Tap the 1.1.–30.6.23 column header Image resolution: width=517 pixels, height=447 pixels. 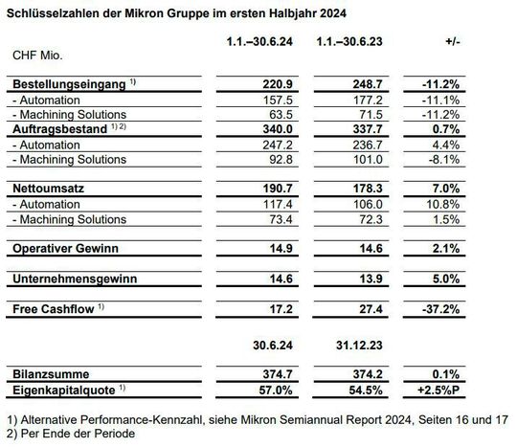click(351, 42)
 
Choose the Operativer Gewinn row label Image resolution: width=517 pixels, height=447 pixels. click(67, 248)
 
